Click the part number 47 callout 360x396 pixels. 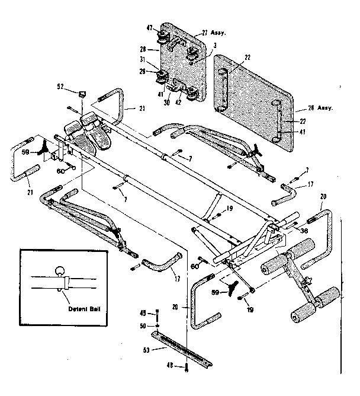[149, 27]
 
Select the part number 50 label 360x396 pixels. [143, 326]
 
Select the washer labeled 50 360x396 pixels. [157, 325]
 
